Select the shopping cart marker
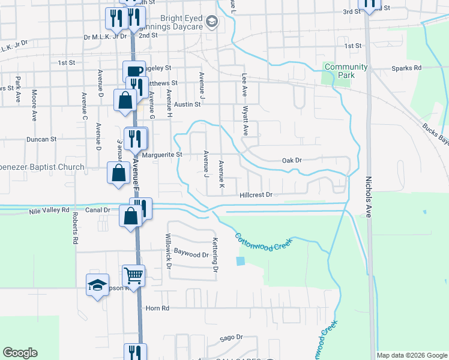(134, 276)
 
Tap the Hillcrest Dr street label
(256, 195)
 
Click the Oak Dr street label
(291, 161)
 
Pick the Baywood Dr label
(191, 255)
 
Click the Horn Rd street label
(158, 308)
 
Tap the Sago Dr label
(231, 338)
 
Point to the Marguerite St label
(162, 155)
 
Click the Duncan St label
(41, 139)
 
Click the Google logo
(20, 353)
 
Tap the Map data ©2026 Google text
(411, 355)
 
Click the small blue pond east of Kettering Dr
(241, 261)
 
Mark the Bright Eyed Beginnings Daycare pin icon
(211, 22)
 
